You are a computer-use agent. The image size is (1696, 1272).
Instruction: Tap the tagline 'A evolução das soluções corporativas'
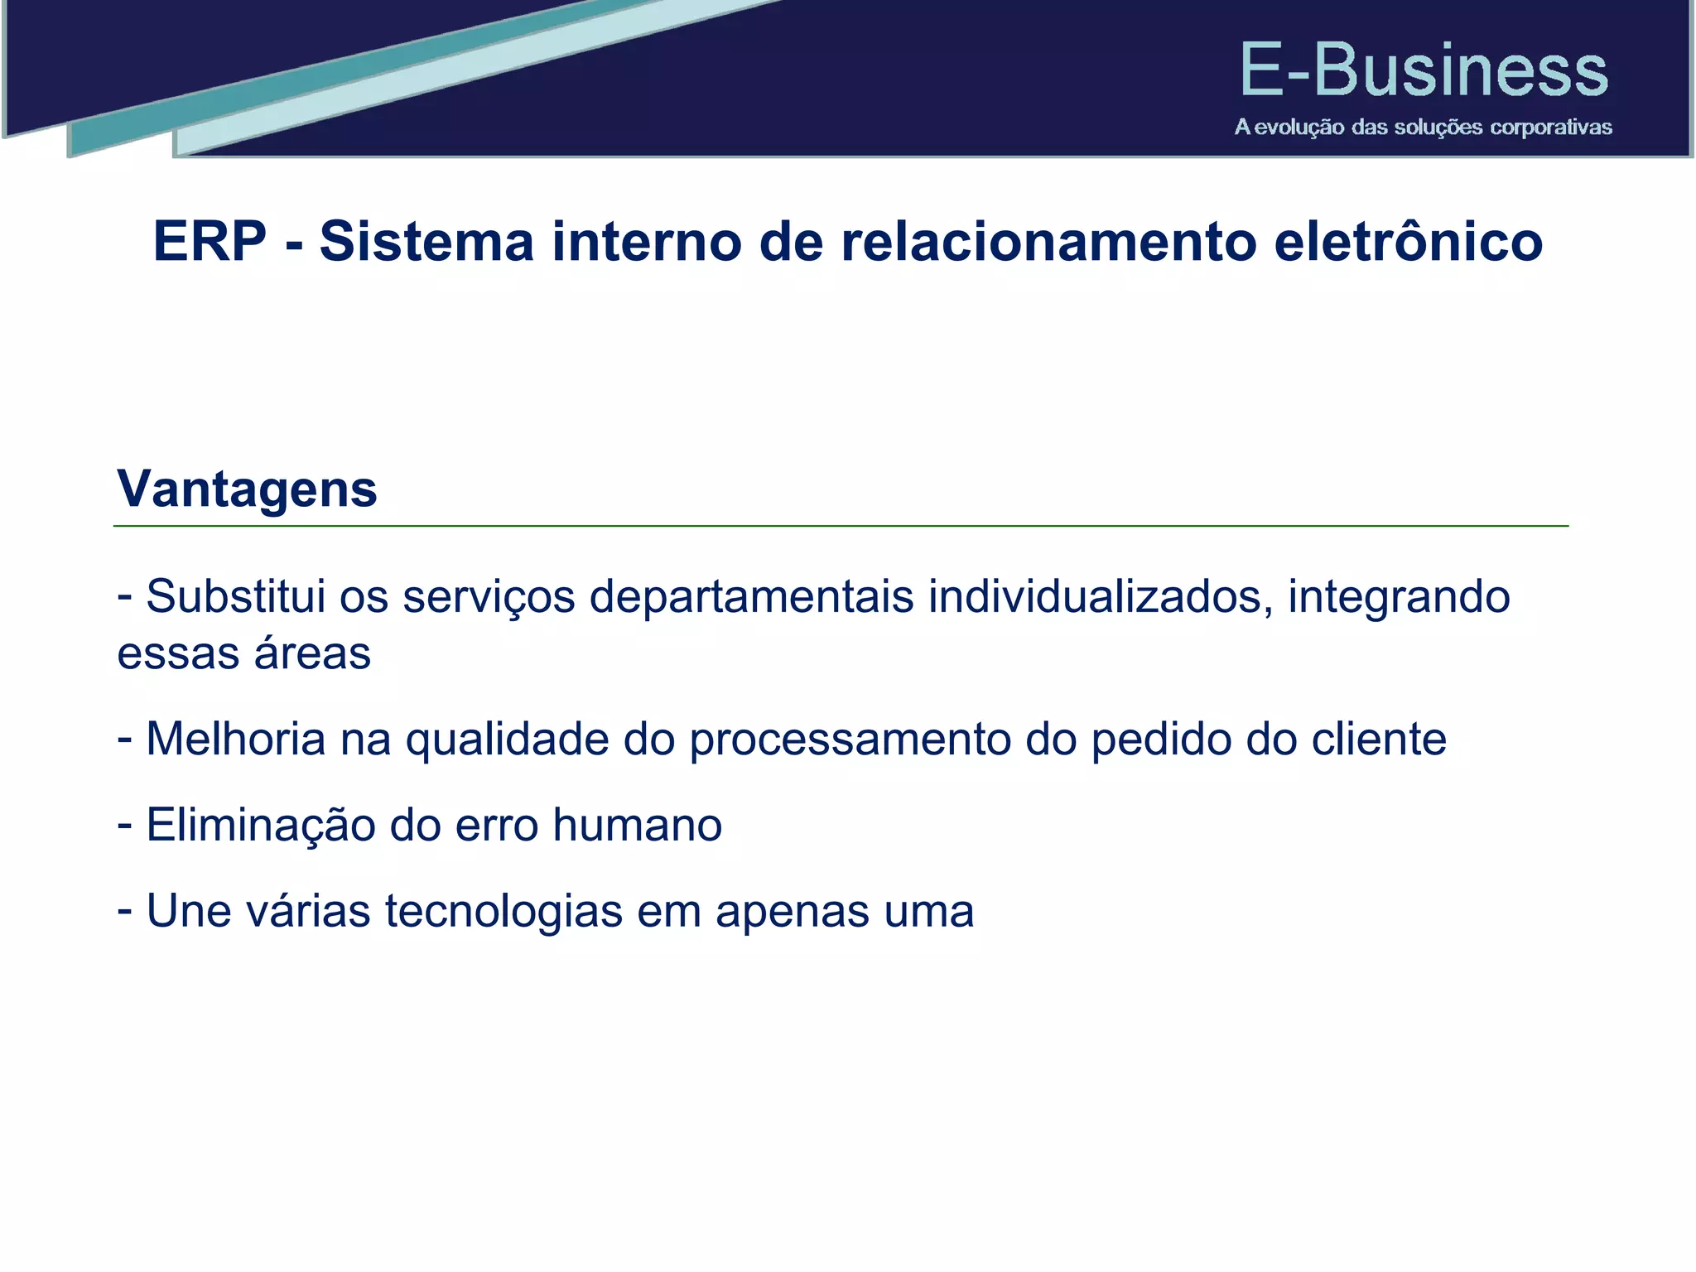pyautogui.click(x=1423, y=128)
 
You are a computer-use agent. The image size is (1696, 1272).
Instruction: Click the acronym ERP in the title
pyautogui.click(x=210, y=242)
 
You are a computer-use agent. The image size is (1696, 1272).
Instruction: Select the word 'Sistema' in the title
pyautogui.click(x=426, y=242)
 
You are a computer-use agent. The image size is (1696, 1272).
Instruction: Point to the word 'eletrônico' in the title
pyautogui.click(x=1408, y=242)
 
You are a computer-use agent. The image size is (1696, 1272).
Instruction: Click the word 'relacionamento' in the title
pyautogui.click(x=1048, y=242)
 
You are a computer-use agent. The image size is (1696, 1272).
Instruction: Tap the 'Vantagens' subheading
pyautogui.click(x=247, y=489)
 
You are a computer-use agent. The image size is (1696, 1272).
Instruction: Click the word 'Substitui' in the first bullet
pyautogui.click(x=236, y=596)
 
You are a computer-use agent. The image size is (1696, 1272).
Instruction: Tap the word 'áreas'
pyautogui.click(x=312, y=653)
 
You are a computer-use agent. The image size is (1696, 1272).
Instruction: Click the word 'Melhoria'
pyautogui.click(x=236, y=739)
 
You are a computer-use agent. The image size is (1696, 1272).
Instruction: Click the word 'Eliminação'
pyautogui.click(x=260, y=826)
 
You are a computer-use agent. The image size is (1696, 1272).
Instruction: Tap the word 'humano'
pyautogui.click(x=637, y=826)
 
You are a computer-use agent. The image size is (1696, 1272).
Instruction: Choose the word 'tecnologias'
pyautogui.click(x=503, y=913)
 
